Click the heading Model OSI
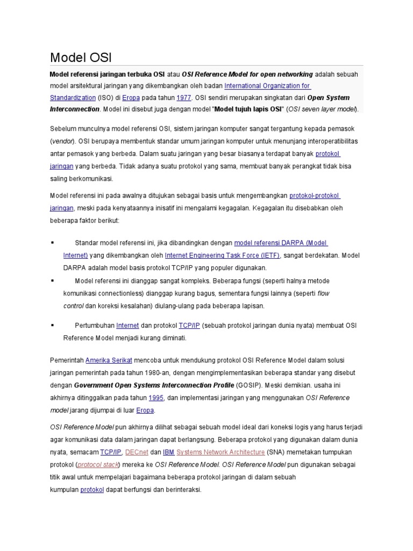[80, 57]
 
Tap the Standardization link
[73, 98]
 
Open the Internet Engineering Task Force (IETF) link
[222, 255]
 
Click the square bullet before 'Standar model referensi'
[52, 243]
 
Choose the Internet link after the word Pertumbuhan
[127, 326]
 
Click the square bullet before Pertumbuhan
[52, 326]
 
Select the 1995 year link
[156, 398]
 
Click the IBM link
[168, 452]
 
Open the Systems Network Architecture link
[220, 452]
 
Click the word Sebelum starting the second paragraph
[63, 130]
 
